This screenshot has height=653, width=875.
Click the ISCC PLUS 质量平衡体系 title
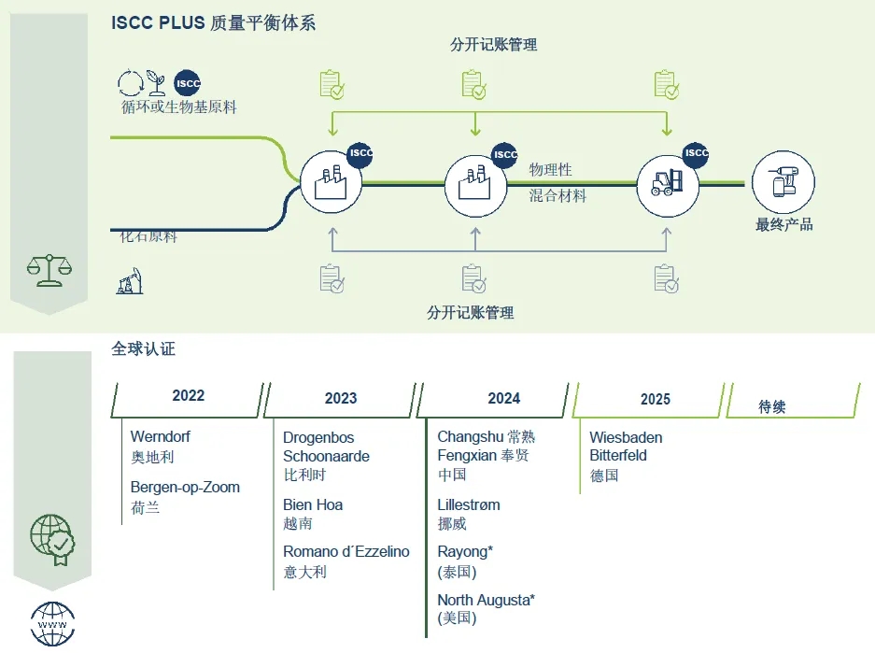pyautogui.click(x=213, y=23)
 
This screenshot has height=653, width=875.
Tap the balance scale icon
pyautogui.click(x=49, y=269)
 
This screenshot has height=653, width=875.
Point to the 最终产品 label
pyautogui.click(x=783, y=224)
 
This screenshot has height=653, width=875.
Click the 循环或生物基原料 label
pyautogui.click(x=178, y=107)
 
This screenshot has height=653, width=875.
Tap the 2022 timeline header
pyautogui.click(x=188, y=396)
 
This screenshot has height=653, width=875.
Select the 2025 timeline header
pyautogui.click(x=655, y=399)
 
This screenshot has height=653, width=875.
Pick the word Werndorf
pyautogui.click(x=160, y=436)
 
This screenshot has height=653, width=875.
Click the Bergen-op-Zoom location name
pyautogui.click(x=185, y=487)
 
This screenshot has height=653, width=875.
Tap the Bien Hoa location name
pyautogui.click(x=313, y=504)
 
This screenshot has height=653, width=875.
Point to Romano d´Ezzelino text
pyautogui.click(x=346, y=551)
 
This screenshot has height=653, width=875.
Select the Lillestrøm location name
pyautogui.click(x=468, y=504)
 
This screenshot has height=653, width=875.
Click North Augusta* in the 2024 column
pyautogui.click(x=486, y=600)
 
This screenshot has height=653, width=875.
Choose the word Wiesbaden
pyautogui.click(x=626, y=437)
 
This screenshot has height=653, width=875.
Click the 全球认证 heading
pyautogui.click(x=143, y=349)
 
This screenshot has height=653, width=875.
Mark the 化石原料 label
pyautogui.click(x=148, y=237)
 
